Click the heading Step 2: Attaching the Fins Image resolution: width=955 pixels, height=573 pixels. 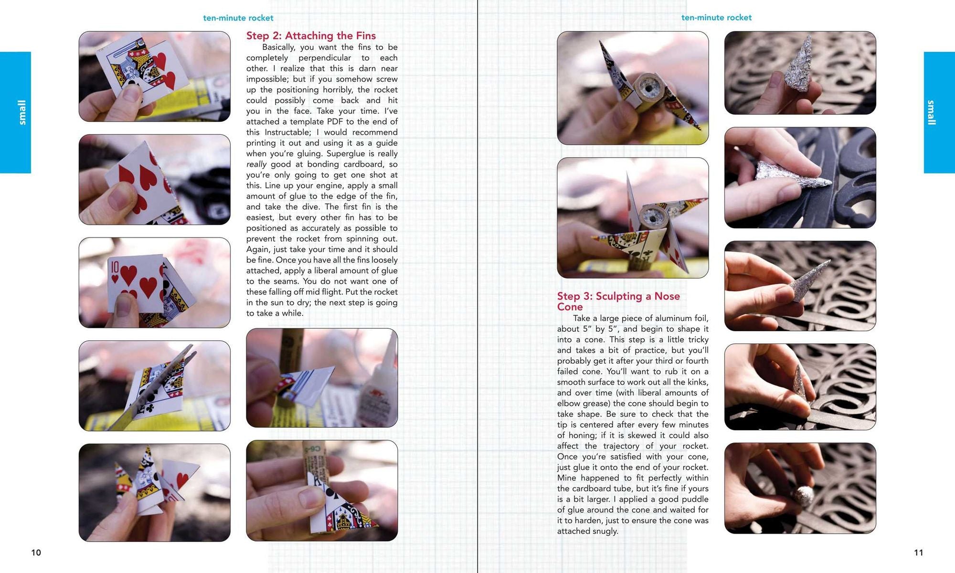pyautogui.click(x=311, y=36)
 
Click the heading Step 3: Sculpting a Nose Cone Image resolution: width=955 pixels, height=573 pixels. pyautogui.click(x=618, y=302)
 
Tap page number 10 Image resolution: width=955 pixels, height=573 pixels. pyautogui.click(x=36, y=552)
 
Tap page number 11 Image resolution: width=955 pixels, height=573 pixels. pyautogui.click(x=919, y=552)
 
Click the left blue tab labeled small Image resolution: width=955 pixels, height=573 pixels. pyautogui.click(x=15, y=112)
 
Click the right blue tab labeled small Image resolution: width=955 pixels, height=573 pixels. pyautogui.click(x=939, y=112)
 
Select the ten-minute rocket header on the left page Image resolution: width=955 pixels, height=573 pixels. pyautogui.click(x=238, y=18)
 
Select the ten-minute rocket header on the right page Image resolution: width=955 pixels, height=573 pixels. pyautogui.click(x=716, y=18)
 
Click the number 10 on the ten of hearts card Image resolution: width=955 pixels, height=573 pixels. pyautogui.click(x=115, y=267)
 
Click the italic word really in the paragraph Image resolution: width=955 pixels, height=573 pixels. pyautogui.click(x=256, y=164)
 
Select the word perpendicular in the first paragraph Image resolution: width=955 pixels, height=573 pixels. pyautogui.click(x=325, y=58)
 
